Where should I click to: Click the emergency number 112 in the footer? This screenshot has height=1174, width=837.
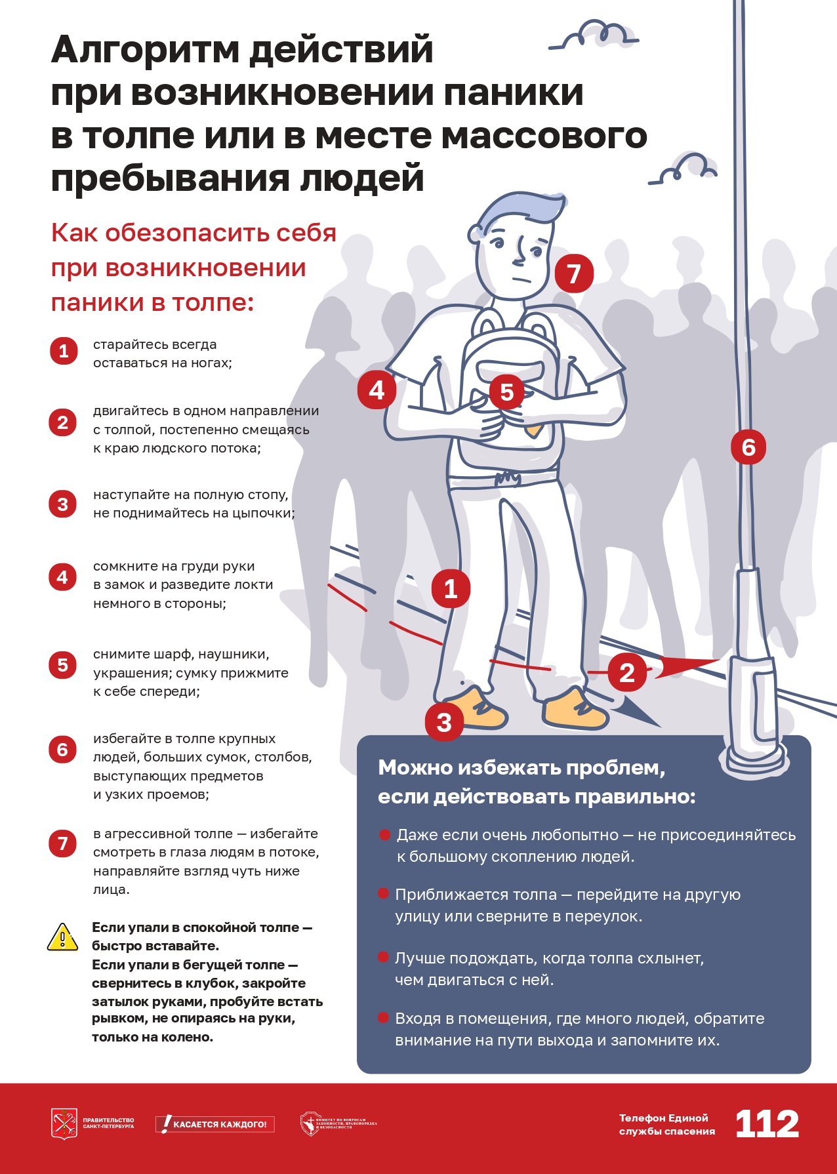(x=767, y=1123)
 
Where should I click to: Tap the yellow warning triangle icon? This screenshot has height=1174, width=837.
(x=63, y=937)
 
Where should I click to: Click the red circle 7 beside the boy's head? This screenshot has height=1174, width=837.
(x=574, y=273)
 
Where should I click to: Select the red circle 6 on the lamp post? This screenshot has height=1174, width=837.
(x=748, y=447)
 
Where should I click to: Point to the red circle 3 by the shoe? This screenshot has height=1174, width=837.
(x=444, y=722)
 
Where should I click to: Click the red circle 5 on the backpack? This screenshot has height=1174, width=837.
(x=507, y=392)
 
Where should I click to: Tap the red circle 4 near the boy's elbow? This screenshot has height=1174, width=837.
(x=377, y=390)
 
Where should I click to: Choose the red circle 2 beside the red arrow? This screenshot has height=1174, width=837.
(x=627, y=673)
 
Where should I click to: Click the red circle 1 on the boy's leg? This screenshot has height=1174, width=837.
(x=451, y=588)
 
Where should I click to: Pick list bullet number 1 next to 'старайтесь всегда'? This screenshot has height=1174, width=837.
(x=64, y=351)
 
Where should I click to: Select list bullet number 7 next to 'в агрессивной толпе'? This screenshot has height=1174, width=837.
(x=63, y=843)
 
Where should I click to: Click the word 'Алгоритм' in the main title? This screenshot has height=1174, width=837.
(x=145, y=49)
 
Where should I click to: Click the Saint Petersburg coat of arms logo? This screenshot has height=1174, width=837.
(x=64, y=1123)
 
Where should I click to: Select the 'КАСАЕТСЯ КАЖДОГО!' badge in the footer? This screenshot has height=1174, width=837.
(x=215, y=1124)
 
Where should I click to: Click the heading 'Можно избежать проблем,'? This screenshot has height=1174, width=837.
(x=521, y=767)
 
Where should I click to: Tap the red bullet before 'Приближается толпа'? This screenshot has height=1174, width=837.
(x=384, y=894)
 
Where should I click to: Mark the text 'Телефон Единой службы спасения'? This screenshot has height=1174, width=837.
(x=666, y=1124)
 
